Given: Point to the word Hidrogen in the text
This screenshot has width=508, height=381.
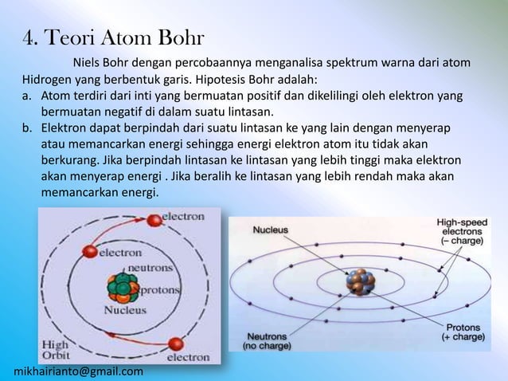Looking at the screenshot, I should pyautogui.click(x=47, y=80).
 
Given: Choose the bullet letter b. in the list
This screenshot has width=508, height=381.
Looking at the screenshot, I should pyautogui.click(x=28, y=128).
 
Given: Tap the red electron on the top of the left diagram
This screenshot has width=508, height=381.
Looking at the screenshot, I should pyautogui.click(x=154, y=216).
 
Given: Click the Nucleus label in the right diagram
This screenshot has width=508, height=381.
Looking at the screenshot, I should pyautogui.click(x=271, y=229).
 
